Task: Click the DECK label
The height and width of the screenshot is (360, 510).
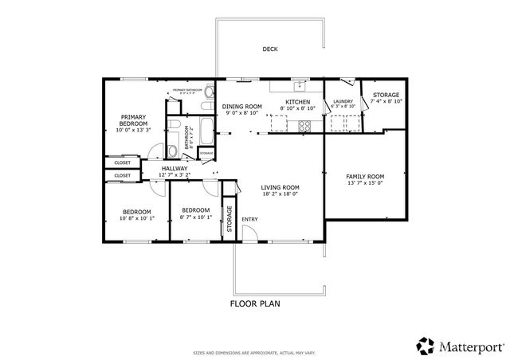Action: (x=270, y=49)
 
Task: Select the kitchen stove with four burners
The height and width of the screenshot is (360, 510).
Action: (x=304, y=125)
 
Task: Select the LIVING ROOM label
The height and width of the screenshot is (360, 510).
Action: (x=280, y=187)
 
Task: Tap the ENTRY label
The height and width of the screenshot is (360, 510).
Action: (x=249, y=219)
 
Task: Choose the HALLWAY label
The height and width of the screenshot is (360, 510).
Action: (x=175, y=168)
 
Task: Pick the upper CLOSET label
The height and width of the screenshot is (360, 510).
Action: (x=122, y=162)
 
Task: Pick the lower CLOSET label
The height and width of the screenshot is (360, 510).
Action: (x=122, y=175)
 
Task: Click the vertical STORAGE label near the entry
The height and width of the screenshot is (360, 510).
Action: (x=229, y=217)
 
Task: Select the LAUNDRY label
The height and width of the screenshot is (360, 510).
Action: (x=343, y=101)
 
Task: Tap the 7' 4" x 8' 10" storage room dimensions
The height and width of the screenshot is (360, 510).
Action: (x=386, y=101)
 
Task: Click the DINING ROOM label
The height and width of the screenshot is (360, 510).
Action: (x=241, y=107)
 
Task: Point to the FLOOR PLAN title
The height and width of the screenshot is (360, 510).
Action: (x=255, y=303)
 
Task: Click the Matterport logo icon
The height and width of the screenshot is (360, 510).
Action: (x=426, y=345)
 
